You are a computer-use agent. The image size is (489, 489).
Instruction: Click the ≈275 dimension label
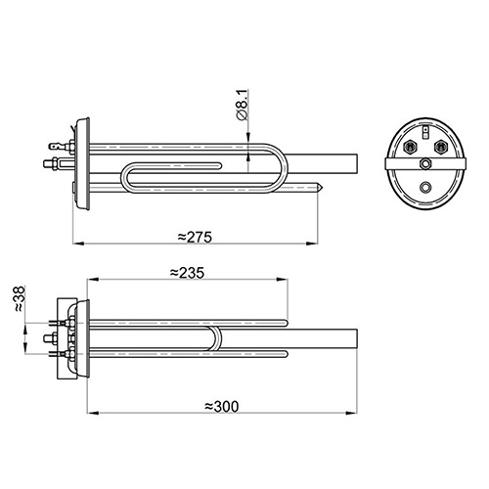pyautogui.click(x=195, y=237)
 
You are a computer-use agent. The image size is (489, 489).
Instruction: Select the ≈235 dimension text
pyautogui.click(x=187, y=273)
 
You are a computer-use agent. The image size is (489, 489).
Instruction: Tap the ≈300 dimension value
pyautogui.click(x=222, y=407)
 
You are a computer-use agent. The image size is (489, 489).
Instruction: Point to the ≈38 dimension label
pyautogui.click(x=20, y=298)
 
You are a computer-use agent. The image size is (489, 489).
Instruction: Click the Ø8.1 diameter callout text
pyautogui.click(x=243, y=105)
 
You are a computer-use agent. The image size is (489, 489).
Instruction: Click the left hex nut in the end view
pyautogui.click(x=410, y=147)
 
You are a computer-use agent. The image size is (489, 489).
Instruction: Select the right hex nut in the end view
pyautogui.click(x=440, y=147)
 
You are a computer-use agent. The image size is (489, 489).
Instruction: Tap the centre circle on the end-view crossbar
pyautogui.click(x=425, y=163)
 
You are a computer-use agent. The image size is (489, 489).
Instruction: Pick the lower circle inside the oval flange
pyautogui.click(x=425, y=187)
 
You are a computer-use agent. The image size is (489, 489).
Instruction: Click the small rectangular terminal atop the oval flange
pyautogui.click(x=425, y=131)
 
